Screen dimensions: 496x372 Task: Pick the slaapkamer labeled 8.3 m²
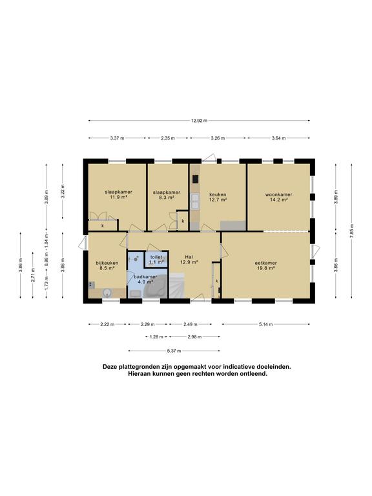166,194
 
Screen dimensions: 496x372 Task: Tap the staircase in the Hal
176,286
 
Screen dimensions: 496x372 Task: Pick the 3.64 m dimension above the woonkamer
279,138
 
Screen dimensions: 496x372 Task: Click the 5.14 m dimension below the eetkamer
265,324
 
